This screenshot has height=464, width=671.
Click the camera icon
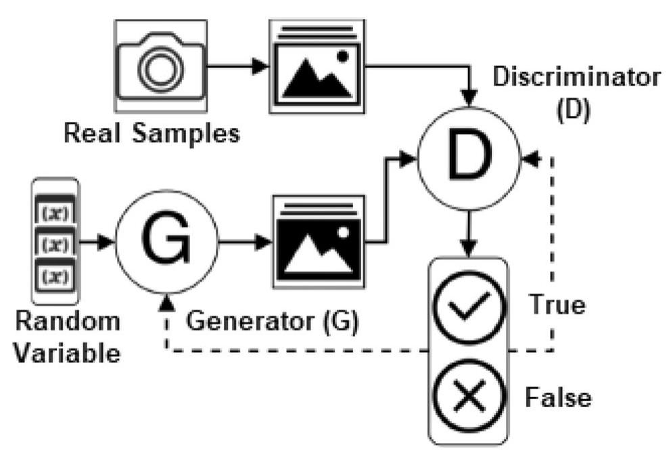[x=160, y=65]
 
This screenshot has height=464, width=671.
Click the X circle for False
[x=468, y=395]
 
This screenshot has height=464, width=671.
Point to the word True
[x=557, y=305]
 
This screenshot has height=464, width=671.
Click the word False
[x=557, y=396]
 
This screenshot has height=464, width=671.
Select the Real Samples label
[x=152, y=133]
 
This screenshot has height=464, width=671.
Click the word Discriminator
[x=576, y=77]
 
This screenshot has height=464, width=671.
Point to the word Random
[x=66, y=321]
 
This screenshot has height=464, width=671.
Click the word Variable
[x=66, y=352]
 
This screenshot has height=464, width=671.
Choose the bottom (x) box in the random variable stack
[x=55, y=275]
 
